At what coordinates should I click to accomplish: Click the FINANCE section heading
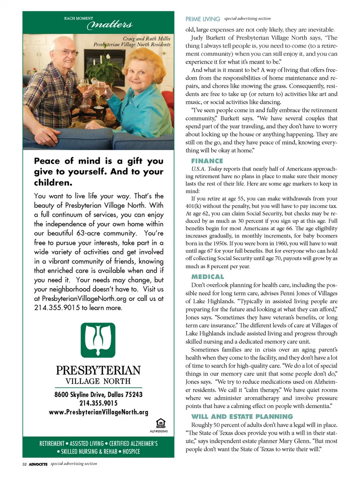pyautogui.click(x=207, y=161)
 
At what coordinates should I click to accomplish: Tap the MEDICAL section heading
pyautogui.click(x=207, y=277)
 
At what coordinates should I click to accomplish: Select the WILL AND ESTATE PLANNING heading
pyautogui.click(x=242, y=416)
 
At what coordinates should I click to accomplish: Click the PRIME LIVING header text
pyautogui.click(x=202, y=19)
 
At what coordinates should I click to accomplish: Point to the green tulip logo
pyautogui.click(x=98, y=340)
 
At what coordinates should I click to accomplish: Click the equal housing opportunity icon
pyautogui.click(x=160, y=423)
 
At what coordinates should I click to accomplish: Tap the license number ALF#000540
pyautogui.click(x=159, y=431)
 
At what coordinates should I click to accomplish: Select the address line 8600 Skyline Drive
pyautogui.click(x=98, y=394)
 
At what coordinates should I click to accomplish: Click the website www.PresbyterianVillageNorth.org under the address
pyautogui.click(x=98, y=412)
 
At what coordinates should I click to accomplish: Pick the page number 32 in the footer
pyautogui.click(x=24, y=464)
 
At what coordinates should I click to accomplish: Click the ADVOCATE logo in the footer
pyautogui.click(x=38, y=464)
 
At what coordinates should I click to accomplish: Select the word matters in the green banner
pyautogui.click(x=109, y=25)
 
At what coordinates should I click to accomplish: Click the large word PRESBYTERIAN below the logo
pyautogui.click(x=98, y=370)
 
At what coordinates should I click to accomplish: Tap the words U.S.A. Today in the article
pyautogui.click(x=207, y=169)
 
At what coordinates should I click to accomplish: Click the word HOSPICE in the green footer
pyautogui.click(x=131, y=451)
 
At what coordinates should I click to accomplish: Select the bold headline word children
pyautogui.click(x=53, y=183)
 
